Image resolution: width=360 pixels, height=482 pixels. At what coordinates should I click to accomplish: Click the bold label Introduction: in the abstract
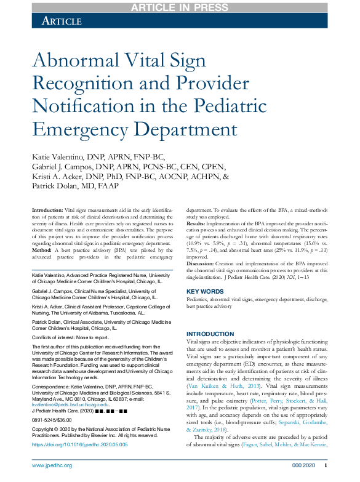coord(47,211)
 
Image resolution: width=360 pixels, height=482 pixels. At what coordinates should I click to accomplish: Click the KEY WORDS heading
coord(205,291)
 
